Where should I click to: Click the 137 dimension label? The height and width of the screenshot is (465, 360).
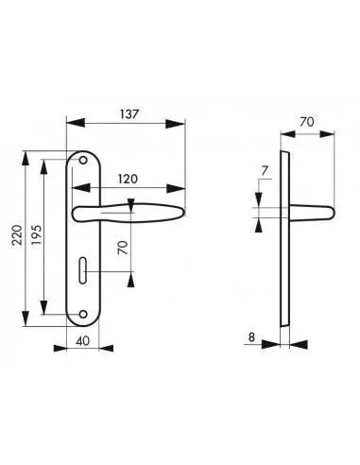tap(129, 113)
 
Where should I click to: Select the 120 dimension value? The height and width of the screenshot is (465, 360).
tap(128, 179)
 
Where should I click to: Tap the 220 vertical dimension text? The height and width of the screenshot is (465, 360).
tap(17, 235)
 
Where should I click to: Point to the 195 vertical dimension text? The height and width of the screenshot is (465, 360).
tap(36, 235)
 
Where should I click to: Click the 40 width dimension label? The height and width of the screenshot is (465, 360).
tap(83, 341)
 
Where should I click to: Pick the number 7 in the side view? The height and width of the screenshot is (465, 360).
tap(265, 171)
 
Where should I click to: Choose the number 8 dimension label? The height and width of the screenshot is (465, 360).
tap(251, 337)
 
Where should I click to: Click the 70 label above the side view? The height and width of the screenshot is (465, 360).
tap(307, 122)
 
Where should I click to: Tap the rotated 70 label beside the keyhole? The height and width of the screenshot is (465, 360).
tap(123, 248)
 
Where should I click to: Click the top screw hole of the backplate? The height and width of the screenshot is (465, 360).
tap(83, 161)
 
